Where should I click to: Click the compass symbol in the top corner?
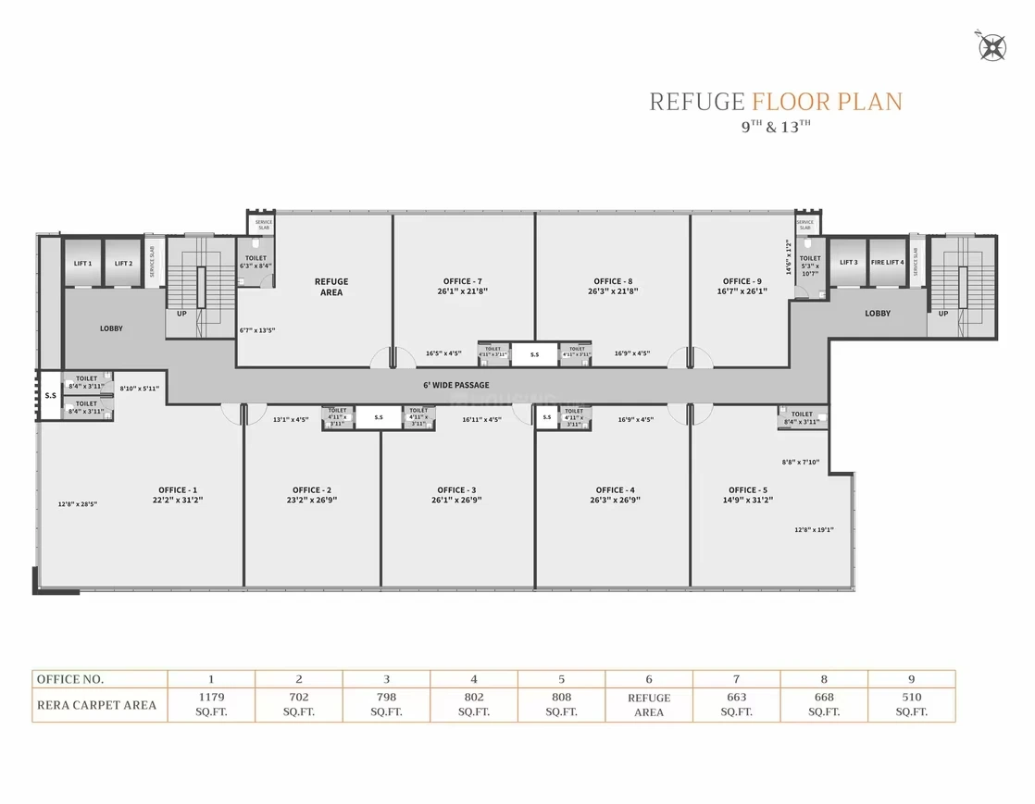pos(993,45)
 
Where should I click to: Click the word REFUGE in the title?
pos(696,102)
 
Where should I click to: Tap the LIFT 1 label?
pos(82,264)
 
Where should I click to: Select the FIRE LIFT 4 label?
pos(887,263)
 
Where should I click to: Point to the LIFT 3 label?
pos(848,263)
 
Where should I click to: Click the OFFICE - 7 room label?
pos(462,281)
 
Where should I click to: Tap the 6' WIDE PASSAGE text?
pos(456,385)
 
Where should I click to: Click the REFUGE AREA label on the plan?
pos(330,287)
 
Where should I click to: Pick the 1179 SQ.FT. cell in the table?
pos(212,704)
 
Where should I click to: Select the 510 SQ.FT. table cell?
pos(912,704)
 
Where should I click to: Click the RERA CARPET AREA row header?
pos(96,705)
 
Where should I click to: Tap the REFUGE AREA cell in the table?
pos(649,705)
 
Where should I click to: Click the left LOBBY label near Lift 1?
pos(111,328)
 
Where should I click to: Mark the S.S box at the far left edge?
pos(49,396)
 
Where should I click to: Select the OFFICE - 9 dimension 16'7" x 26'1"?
pos(743,291)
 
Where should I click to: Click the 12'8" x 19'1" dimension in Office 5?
pos(814,530)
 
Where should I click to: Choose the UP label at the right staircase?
pos(942,314)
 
